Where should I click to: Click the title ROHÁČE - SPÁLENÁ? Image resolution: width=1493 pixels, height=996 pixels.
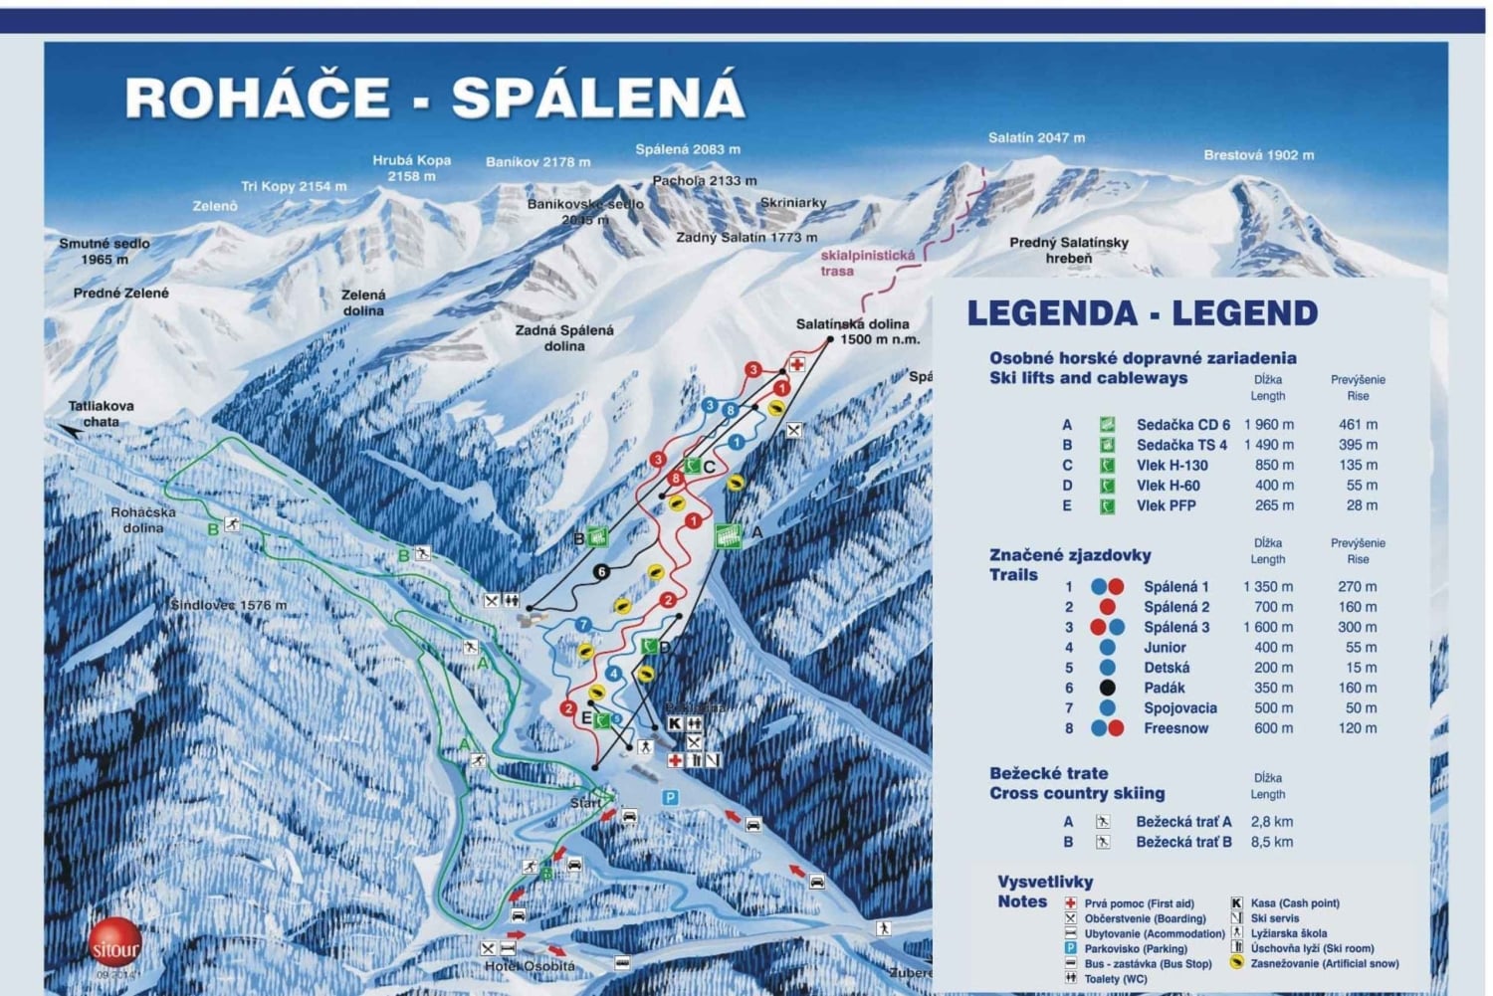pos(434,98)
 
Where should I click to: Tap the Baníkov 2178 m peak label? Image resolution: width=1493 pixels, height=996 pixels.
pos(537,162)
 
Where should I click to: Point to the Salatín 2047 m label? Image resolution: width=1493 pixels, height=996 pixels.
pos(1036,138)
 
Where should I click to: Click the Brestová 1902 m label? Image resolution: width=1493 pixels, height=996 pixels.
pos(1258,155)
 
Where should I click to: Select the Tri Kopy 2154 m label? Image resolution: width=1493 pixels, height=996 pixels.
pos(294,187)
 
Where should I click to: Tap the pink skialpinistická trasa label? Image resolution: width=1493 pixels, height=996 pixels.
pos(866,263)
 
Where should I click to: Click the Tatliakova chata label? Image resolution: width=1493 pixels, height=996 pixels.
pos(101,414)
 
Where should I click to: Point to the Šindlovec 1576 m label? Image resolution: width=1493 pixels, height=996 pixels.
pos(228,605)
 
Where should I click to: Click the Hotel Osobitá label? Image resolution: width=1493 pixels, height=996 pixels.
pos(530,966)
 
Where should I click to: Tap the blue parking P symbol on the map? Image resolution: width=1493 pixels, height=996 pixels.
pos(670,797)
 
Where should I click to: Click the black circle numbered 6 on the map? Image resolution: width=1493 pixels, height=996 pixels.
pos(600,572)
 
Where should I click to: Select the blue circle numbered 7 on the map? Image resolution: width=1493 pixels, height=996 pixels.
pos(584,625)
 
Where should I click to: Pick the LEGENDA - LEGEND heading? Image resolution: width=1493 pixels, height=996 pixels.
pos(1142,313)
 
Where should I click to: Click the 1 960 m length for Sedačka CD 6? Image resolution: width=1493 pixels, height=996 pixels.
pos(1268,425)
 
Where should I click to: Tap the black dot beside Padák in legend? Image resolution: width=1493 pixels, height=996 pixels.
pos(1107,688)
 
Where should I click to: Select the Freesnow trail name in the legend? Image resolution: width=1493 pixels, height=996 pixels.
pos(1175,728)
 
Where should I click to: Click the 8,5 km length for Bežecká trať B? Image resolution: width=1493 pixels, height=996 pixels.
pos(1271,842)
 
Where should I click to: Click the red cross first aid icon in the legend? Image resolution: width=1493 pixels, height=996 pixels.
pos(1070,903)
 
